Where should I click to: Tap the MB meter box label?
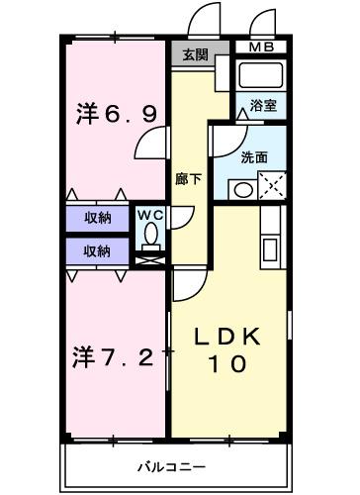[262, 47]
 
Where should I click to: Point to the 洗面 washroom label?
[254, 156]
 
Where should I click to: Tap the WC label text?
[149, 214]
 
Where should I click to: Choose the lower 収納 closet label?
[97, 250]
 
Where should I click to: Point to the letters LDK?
[228, 337]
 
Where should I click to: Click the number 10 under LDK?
[228, 363]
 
